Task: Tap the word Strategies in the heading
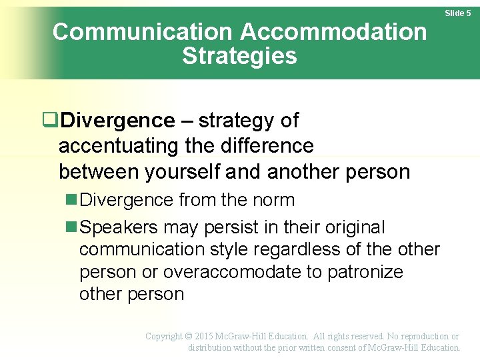point(239,56)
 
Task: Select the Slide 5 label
point(458,13)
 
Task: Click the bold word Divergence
point(117,121)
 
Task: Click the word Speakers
point(119,227)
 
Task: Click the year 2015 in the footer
point(209,337)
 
